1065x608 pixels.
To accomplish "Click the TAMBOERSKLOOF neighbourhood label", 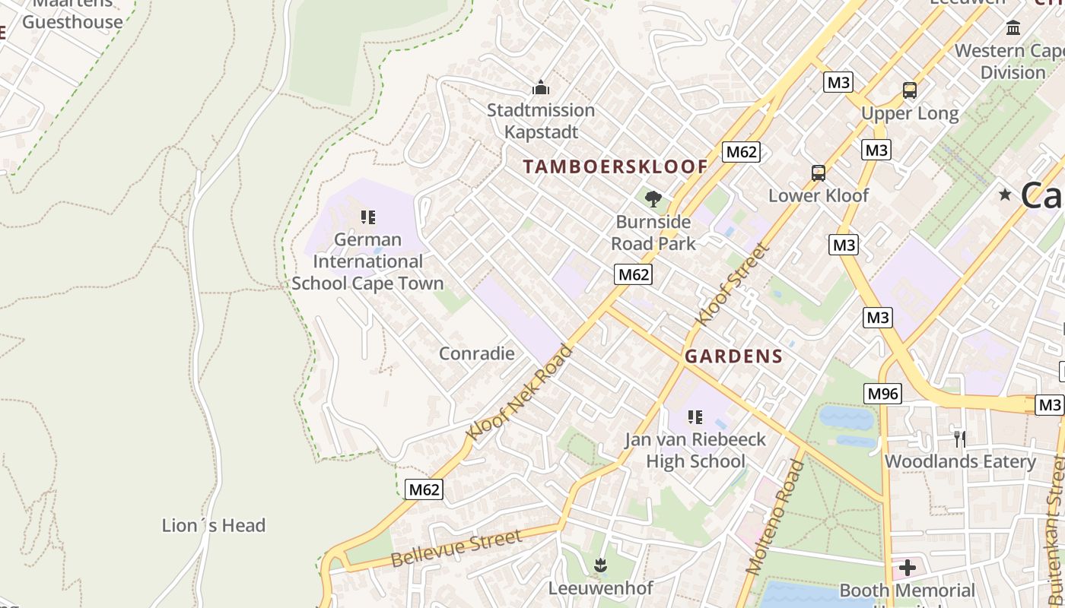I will pyautogui.click(x=615, y=166).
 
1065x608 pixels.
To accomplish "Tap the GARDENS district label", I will pyautogui.click(x=733, y=356).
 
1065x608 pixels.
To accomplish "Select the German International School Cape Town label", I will pyautogui.click(x=367, y=261).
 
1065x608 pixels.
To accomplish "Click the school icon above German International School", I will pyautogui.click(x=368, y=218).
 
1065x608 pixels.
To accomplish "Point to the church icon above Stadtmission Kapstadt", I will pyautogui.click(x=541, y=88).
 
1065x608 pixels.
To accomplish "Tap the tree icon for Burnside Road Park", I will pyautogui.click(x=653, y=200).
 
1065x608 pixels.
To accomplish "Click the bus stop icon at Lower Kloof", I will pyautogui.click(x=818, y=173).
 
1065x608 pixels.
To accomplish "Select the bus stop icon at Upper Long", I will pyautogui.click(x=909, y=90).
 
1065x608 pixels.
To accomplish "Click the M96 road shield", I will pyautogui.click(x=882, y=393).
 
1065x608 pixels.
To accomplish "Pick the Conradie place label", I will pyautogui.click(x=476, y=353).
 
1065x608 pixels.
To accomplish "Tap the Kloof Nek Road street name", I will pyautogui.click(x=520, y=392).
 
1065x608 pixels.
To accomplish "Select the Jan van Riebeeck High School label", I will pyautogui.click(x=695, y=450).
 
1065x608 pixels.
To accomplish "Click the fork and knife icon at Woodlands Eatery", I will pyautogui.click(x=960, y=439).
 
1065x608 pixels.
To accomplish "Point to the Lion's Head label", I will pyautogui.click(x=214, y=525).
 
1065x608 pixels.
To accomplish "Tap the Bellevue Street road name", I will pyautogui.click(x=456, y=549).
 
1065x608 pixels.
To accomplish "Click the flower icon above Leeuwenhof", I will pyautogui.click(x=600, y=565).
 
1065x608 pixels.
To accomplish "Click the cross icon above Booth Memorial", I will pyautogui.click(x=907, y=568).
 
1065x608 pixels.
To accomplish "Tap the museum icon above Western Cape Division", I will pyautogui.click(x=1013, y=28).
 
